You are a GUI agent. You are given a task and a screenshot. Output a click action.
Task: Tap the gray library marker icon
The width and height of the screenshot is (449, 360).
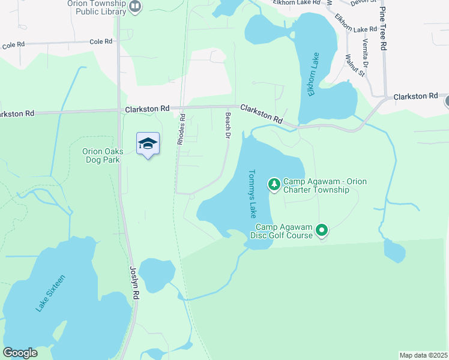click(x=135, y=7)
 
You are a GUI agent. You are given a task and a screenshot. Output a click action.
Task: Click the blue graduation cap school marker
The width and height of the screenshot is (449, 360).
click(x=148, y=144)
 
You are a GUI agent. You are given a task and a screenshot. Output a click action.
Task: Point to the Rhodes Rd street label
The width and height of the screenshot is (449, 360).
click(x=180, y=130)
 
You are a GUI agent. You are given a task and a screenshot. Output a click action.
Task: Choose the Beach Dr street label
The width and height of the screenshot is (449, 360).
click(x=228, y=125)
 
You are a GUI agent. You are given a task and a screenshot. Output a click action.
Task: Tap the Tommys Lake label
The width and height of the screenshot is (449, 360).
click(x=252, y=193)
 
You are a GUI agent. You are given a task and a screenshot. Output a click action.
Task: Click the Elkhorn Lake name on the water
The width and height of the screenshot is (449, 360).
click(x=314, y=74)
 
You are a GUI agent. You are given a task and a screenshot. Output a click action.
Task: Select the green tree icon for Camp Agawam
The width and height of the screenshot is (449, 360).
click(x=274, y=184)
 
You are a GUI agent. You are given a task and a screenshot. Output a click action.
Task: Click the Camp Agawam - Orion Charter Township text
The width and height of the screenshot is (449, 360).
click(x=325, y=185)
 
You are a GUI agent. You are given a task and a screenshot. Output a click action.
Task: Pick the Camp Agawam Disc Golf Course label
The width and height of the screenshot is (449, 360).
click(x=285, y=230)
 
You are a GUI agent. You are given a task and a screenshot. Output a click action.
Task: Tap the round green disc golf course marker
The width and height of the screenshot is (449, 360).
click(x=322, y=230)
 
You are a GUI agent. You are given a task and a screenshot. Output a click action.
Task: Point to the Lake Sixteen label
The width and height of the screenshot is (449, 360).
click(x=50, y=293)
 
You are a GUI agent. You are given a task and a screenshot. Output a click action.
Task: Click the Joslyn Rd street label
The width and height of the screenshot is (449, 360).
click(x=135, y=284)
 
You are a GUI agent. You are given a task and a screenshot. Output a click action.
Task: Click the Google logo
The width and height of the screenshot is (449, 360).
click(x=20, y=353)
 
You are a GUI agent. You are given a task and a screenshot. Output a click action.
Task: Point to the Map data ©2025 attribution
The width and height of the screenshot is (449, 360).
click(x=424, y=355)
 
